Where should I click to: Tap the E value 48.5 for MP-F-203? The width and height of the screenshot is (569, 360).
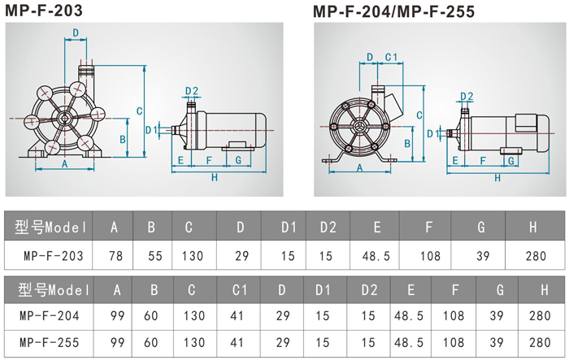coord(376,255)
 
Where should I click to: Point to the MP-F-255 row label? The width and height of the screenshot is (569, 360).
coord(48,342)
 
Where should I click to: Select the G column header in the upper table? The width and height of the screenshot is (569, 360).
coord(481,228)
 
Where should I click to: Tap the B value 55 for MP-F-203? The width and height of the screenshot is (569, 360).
coord(154,255)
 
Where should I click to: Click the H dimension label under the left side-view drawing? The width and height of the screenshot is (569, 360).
coord(214,177)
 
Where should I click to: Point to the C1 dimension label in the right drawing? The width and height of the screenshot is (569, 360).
coord(390,57)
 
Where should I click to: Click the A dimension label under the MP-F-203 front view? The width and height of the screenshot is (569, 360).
coord(63,163)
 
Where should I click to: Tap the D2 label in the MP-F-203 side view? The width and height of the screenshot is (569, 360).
coord(192,90)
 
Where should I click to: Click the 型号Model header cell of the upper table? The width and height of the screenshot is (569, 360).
coord(48,228)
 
